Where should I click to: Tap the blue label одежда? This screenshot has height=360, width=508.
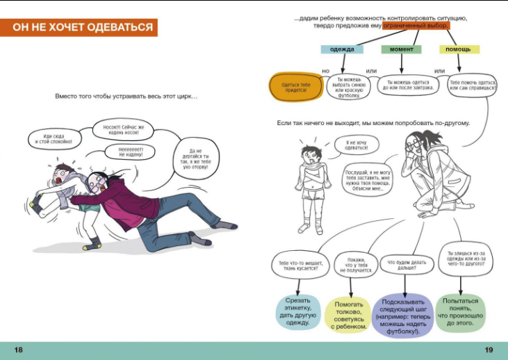point(341,49)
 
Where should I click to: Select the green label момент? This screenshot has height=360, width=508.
point(401,49)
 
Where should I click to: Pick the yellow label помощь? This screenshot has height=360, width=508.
point(459,49)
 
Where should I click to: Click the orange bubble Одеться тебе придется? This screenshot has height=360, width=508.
point(295,87)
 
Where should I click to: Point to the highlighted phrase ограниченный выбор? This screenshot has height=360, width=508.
point(416,26)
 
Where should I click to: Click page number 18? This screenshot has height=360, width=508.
point(19,349)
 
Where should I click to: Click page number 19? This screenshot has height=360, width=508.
point(489,349)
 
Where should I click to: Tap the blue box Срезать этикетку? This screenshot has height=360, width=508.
point(298,311)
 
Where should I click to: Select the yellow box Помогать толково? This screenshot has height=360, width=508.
point(349,315)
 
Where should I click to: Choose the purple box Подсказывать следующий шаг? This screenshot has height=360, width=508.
point(402,314)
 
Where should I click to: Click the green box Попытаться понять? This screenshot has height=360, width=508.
point(459,311)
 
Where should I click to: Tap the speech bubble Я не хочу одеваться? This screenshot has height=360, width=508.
point(354,146)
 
